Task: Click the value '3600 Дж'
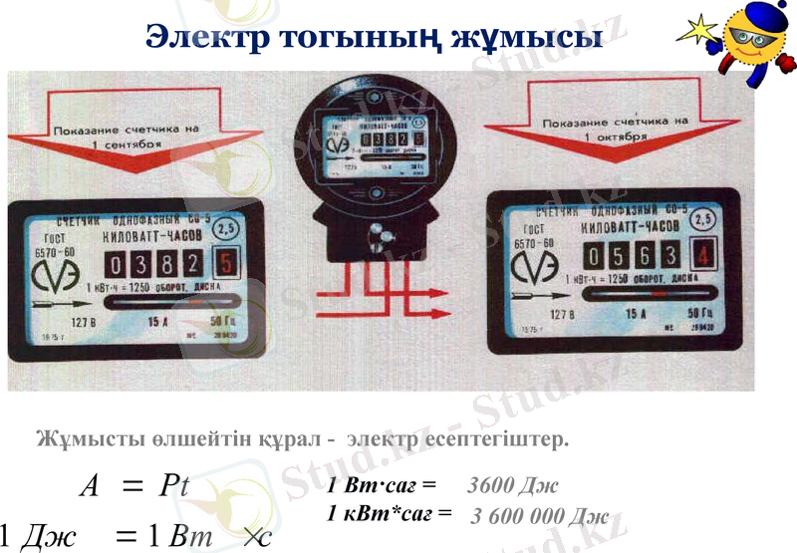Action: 513,486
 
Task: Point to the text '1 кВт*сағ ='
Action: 390,514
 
